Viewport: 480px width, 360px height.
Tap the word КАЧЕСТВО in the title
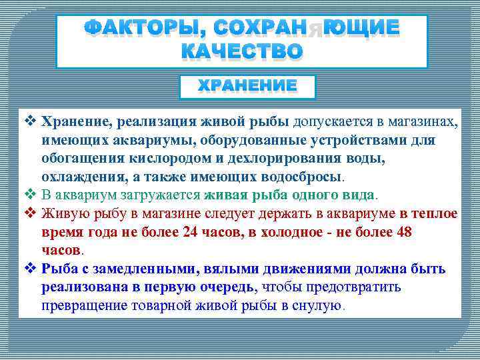241,51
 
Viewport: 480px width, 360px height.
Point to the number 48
403,232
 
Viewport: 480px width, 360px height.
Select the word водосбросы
305,177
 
